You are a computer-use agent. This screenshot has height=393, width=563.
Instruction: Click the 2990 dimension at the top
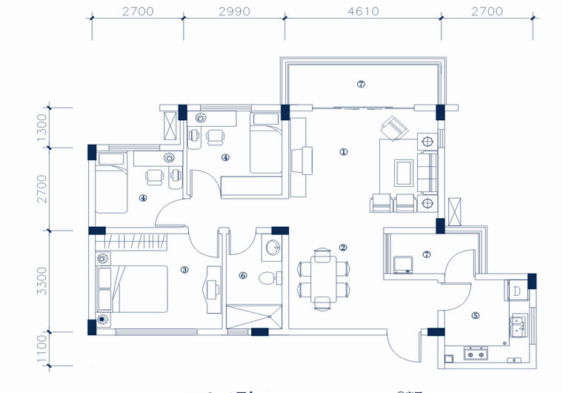235,11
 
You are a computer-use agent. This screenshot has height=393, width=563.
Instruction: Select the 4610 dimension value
363,11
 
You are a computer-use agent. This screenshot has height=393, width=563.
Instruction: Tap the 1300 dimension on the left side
42,128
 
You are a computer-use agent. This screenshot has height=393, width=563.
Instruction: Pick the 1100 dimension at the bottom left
42,348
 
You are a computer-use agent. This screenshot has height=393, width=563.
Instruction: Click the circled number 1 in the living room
343,152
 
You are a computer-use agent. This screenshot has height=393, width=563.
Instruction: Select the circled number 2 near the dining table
343,248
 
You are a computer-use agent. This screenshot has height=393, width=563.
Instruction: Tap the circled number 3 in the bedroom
184,269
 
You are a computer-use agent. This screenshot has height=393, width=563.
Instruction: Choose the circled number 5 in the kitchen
475,315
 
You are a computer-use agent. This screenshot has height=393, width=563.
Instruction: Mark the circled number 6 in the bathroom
242,276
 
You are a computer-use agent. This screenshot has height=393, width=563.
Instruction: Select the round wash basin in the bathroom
273,248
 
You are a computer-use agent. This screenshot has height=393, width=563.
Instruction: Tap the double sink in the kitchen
518,324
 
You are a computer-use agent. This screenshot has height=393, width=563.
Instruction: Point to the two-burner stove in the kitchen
474,354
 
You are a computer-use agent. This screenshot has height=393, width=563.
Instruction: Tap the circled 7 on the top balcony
361,85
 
